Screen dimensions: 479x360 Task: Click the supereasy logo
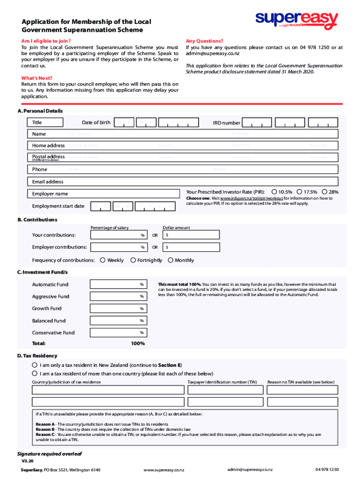click(x=296, y=20)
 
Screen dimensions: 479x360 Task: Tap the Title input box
click(x=45, y=123)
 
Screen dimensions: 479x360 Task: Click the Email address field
click(x=182, y=181)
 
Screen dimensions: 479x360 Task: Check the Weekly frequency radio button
click(x=102, y=260)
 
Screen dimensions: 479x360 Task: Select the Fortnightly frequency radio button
click(x=133, y=260)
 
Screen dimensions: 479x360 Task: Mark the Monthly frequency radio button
click(x=170, y=260)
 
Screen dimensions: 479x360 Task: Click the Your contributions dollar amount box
click(x=191, y=235)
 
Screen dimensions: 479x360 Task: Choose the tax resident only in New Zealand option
click(x=35, y=365)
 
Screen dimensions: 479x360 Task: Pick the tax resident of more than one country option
click(x=35, y=373)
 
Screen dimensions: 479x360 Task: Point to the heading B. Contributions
click(x=37, y=219)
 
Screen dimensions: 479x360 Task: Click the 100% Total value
click(x=138, y=344)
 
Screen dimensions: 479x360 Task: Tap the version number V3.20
click(x=27, y=460)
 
